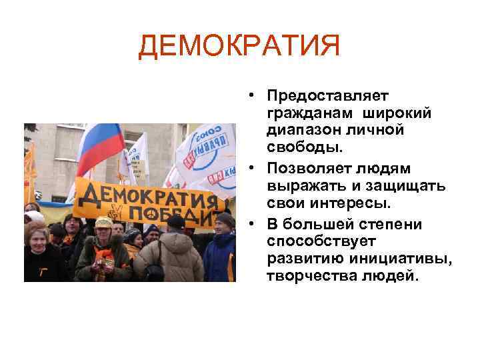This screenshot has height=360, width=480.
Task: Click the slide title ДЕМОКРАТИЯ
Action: tap(239, 46)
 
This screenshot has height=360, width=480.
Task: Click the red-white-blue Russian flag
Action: tap(99, 146)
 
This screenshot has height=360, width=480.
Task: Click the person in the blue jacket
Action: tap(220, 253)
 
